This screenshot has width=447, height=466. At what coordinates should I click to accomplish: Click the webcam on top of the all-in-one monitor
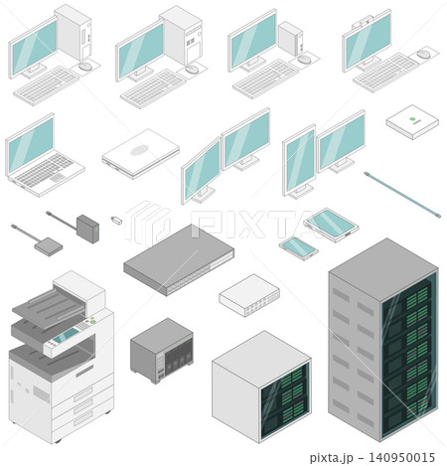pyautogui.click(x=362, y=22)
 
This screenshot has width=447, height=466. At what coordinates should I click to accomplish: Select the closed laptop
pyautogui.click(x=141, y=154)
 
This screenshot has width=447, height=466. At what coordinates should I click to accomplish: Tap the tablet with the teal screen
pyautogui.click(x=331, y=225)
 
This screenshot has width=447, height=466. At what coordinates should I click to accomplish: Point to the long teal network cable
pyautogui.click(x=402, y=195)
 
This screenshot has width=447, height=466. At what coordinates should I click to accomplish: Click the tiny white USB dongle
pyautogui.click(x=116, y=220)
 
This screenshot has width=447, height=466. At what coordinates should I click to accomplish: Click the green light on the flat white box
pyautogui.click(x=412, y=119)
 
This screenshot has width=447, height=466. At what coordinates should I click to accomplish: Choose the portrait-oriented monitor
pyautogui.click(x=299, y=162)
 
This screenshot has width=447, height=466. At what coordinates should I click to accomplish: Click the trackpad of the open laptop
pyautogui.click(x=58, y=178)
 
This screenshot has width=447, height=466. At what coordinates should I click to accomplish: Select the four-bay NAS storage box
pyautogui.click(x=162, y=351)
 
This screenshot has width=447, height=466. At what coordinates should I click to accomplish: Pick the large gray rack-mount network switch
pyautogui.click(x=179, y=259)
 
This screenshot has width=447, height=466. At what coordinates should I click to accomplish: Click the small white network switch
pyautogui.click(x=249, y=295)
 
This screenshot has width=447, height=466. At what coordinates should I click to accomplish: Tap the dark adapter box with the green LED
pyautogui.click(x=87, y=229)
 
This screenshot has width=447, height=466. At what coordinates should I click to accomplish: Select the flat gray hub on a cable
pyautogui.click(x=49, y=246)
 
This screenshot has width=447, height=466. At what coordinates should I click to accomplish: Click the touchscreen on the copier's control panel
pyautogui.click(x=66, y=336)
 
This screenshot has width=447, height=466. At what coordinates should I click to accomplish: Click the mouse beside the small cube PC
pyautogui.click(x=304, y=60)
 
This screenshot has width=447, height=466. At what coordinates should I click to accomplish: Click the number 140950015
pyautogui.click(x=401, y=457)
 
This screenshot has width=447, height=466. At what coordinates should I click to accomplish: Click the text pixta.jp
pyautogui.click(x=331, y=458)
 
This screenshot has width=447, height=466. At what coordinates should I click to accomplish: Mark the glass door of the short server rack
pyautogui.click(x=285, y=400)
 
